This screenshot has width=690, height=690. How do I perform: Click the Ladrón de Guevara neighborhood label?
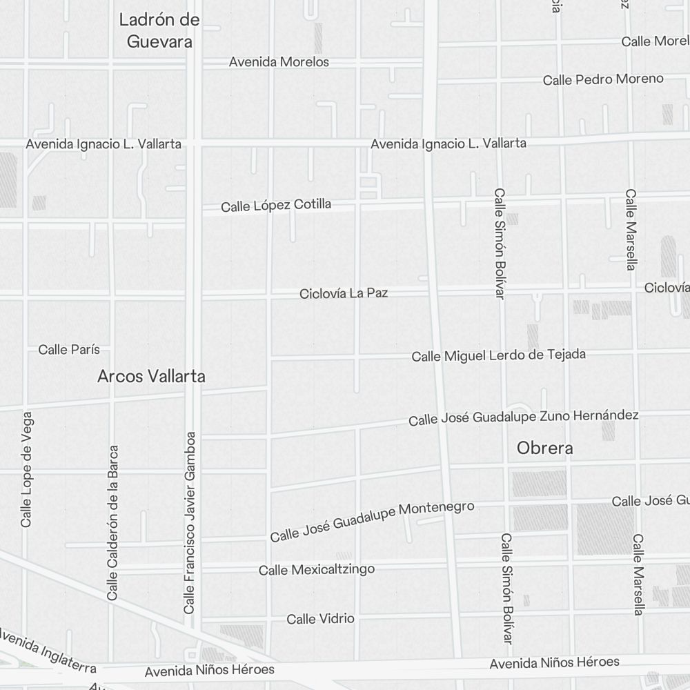point(159,30)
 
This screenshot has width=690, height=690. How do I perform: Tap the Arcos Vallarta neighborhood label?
point(151,377)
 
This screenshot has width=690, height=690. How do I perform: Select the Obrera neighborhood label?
point(544,448)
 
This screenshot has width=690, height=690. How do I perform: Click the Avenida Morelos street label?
point(279,62)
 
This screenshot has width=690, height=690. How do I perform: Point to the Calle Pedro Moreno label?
point(603,79)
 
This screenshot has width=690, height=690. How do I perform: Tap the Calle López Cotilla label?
point(276,206)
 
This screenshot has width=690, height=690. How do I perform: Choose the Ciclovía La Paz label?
point(344,293)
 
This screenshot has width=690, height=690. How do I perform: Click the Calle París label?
point(69,350)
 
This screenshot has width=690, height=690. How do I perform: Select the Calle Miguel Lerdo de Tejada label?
point(498,355)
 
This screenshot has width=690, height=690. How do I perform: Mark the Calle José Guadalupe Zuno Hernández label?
point(523,417)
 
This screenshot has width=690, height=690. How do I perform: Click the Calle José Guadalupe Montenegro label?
point(372,522)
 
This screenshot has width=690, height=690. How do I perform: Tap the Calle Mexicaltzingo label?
point(317,570)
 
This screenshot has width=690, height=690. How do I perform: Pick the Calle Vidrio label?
point(320,619)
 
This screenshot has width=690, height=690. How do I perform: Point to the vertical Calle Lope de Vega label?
point(27,469)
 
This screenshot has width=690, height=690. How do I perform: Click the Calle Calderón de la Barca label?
point(113,522)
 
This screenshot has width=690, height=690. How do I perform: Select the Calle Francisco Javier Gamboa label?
point(190,522)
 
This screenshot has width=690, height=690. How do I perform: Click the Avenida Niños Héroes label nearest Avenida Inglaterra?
point(209,670)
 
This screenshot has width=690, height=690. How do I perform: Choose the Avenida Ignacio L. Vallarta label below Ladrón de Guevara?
point(103,144)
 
